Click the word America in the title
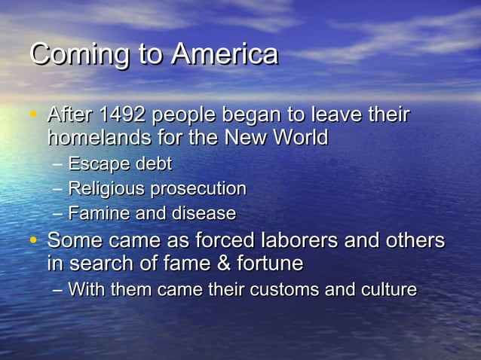(225, 54)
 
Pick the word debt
(154, 163)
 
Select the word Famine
(94, 213)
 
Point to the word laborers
(295, 240)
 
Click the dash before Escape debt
(59, 164)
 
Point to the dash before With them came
(59, 290)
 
